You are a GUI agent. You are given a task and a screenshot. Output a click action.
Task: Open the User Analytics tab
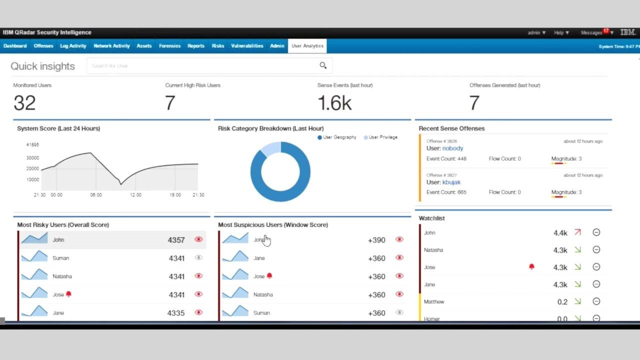[307, 46]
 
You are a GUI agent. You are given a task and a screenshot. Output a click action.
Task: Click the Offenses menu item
[43, 46]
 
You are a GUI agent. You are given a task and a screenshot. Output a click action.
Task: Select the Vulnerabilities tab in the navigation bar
[247, 46]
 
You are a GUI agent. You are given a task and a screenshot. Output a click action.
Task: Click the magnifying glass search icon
[323, 65]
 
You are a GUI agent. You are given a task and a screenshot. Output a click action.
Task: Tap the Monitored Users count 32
[24, 103]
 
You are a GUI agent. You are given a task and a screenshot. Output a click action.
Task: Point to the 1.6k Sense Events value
[334, 103]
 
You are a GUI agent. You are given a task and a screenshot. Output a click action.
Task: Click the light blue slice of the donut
[271, 148]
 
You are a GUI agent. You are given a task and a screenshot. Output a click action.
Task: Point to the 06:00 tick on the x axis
[96, 195]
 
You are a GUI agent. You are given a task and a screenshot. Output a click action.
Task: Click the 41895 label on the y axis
[32, 145]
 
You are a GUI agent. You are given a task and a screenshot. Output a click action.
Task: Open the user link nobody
[452, 148]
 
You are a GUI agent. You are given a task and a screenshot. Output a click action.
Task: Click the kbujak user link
[451, 182]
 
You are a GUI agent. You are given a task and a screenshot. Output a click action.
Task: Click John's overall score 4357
[176, 240]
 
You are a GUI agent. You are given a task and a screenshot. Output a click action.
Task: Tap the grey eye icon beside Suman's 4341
[198, 258]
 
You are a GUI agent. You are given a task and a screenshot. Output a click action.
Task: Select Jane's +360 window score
[376, 258]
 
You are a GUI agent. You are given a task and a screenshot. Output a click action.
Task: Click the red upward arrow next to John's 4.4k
[577, 232]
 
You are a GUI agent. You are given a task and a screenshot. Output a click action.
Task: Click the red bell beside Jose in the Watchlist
[531, 267]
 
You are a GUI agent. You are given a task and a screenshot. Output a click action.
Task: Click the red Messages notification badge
[606, 31]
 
